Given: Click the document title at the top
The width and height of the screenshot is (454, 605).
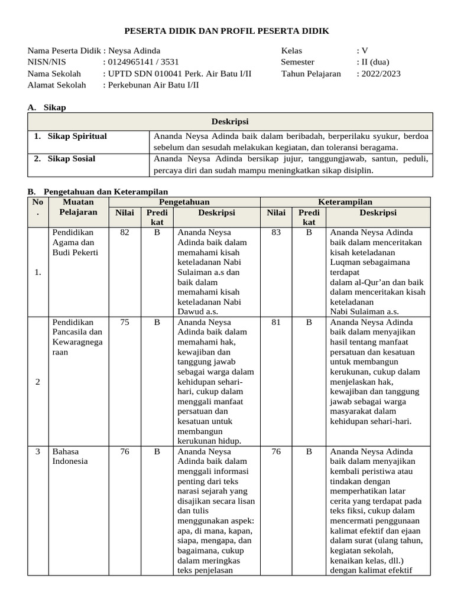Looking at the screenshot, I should pyautogui.click(x=227, y=31).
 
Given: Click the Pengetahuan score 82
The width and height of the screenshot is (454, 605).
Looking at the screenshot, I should pyautogui.click(x=125, y=233).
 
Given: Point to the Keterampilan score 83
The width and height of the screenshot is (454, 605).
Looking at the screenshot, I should pyautogui.click(x=276, y=233).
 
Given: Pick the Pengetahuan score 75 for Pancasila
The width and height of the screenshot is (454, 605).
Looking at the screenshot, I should pyautogui.click(x=125, y=323).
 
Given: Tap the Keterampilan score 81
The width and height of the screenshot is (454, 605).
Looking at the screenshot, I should pyautogui.click(x=276, y=323).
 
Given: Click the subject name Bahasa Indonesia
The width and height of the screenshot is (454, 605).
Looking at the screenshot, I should pyautogui.click(x=70, y=456).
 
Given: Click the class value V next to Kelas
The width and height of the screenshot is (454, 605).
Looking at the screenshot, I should pyautogui.click(x=365, y=51).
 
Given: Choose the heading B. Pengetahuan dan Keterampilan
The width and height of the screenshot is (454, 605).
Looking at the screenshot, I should pyautogui.click(x=98, y=192).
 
